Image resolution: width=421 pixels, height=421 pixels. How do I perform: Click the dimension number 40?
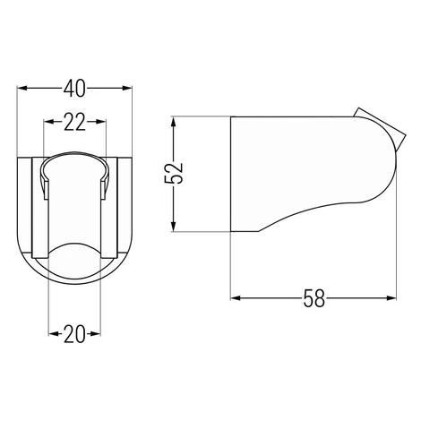click(x=74, y=89)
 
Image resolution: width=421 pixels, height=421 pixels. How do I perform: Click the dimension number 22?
click(x=74, y=122)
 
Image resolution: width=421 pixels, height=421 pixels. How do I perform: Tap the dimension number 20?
click(x=74, y=334)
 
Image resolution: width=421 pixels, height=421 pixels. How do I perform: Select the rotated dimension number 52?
click(x=174, y=174)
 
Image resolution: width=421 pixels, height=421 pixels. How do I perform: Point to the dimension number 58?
click(x=314, y=298)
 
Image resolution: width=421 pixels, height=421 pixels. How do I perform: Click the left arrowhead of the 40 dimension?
click(x=22, y=88)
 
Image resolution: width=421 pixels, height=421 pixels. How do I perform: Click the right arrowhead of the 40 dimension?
click(x=126, y=88)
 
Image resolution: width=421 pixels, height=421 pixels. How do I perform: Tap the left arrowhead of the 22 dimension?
click(x=48, y=122)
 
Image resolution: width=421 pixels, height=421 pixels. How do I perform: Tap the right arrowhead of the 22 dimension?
click(x=101, y=122)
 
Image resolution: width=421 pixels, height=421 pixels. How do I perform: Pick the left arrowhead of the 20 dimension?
click(x=54, y=334)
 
